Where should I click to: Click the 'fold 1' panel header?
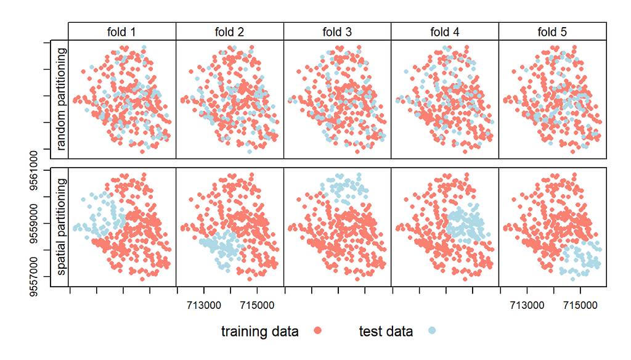tap(122, 31)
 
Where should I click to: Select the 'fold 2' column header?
tap(229, 31)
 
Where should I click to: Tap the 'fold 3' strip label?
tap(337, 31)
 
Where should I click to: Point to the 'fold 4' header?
tap(444, 31)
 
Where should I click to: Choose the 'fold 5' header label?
tap(552, 31)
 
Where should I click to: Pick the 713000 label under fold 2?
tap(203, 305)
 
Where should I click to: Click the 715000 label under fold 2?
tap(257, 305)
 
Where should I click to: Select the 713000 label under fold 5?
tap(526, 305)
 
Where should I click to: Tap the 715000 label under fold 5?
tap(580, 305)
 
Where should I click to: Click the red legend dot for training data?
tap(318, 332)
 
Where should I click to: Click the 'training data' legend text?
tap(260, 332)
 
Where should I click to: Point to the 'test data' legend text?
tap(386, 332)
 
